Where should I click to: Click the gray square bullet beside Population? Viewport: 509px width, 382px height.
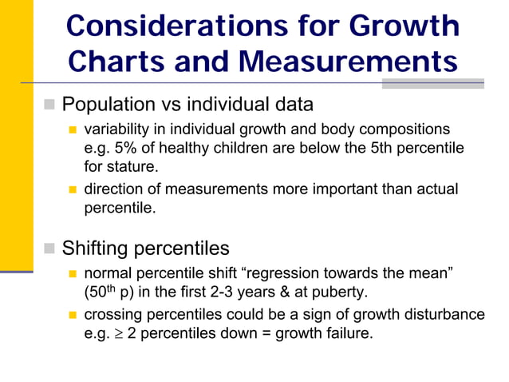pos(49,105)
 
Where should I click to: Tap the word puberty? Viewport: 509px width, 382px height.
pos(341,292)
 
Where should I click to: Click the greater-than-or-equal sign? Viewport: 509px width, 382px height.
pos(118,332)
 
